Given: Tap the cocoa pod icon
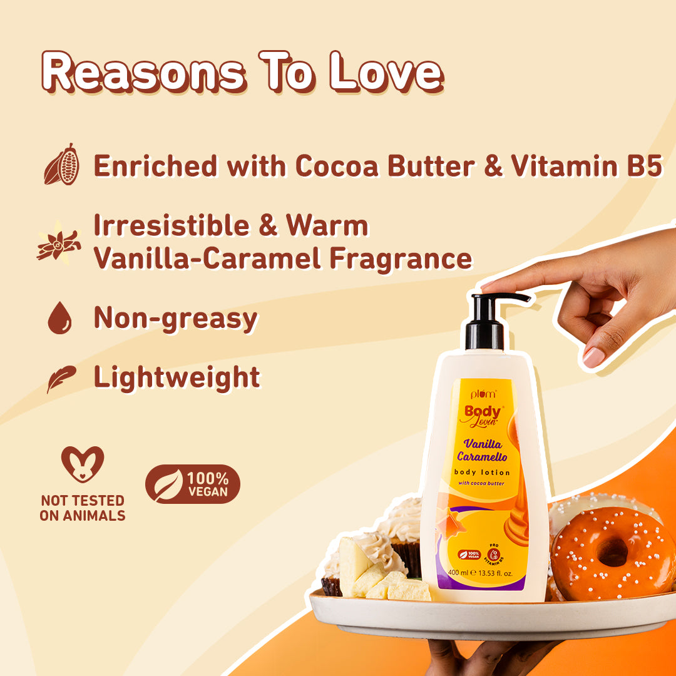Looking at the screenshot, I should (62, 165).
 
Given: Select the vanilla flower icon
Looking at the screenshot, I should (59, 241).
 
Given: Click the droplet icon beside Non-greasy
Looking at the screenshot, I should (60, 319).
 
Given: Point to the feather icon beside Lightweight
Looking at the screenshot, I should (61, 378).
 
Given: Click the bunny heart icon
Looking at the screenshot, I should (82, 464).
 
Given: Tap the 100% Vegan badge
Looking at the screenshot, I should (193, 484).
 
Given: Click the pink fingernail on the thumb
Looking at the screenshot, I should (593, 357).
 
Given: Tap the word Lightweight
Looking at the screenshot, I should (177, 377).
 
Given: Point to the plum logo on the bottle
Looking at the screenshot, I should (483, 394).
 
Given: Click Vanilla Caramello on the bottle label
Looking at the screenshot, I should (485, 450).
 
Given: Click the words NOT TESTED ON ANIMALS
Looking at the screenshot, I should (82, 508).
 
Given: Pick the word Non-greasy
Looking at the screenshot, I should (175, 318).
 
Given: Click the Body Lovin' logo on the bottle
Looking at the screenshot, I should (483, 415).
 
